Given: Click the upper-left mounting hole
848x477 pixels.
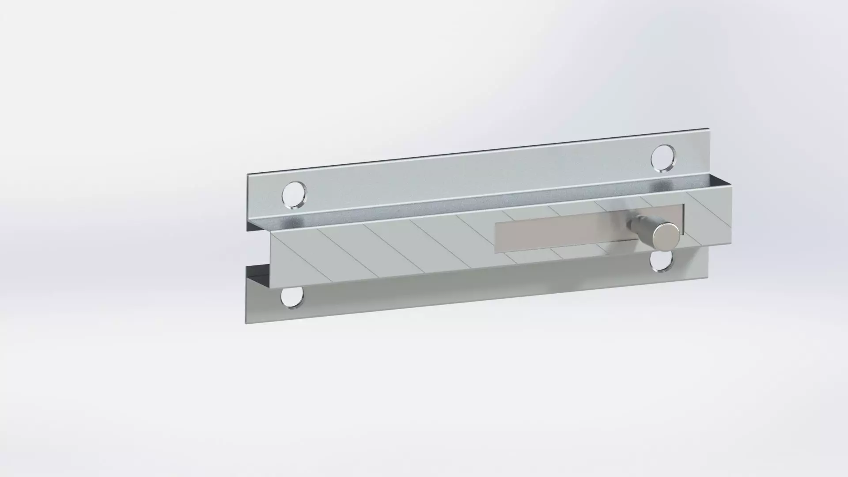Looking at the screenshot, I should pyautogui.click(x=293, y=194).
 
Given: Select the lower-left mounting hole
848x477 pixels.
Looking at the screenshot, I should pyautogui.click(x=292, y=297).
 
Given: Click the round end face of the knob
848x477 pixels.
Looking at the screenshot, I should pyautogui.click(x=667, y=237).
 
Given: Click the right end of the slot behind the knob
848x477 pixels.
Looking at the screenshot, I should pyautogui.click(x=683, y=219).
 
